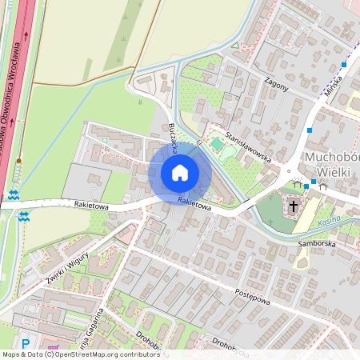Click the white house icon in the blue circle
pos(180,173)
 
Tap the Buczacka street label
pos(174,137)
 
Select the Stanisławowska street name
pos(249,146)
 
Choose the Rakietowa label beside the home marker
pos(195,205)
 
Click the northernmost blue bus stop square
pos(344,64)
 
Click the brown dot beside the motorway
pos(18,161)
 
